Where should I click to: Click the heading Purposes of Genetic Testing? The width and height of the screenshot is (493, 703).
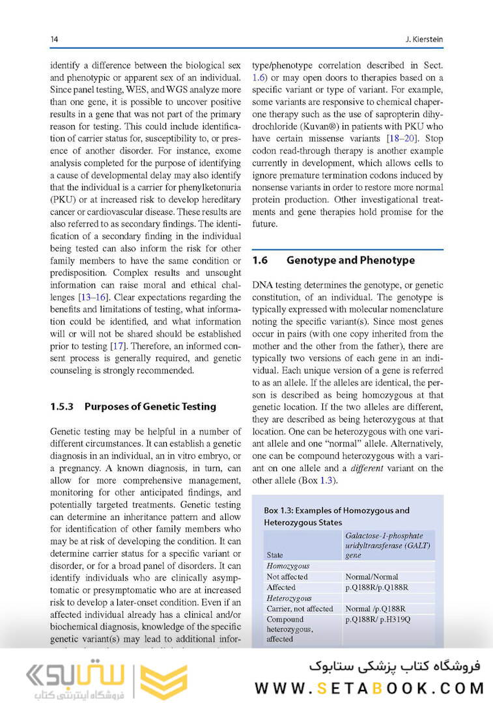tap(150, 406)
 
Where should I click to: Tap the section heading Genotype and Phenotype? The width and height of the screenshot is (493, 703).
tap(350, 260)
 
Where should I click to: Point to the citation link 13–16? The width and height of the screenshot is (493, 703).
tap(93, 297)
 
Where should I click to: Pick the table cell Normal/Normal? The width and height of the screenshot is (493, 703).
tap(371, 577)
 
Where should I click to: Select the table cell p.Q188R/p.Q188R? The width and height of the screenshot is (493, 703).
tap(376, 587)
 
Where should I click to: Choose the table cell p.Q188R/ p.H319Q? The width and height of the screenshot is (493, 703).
tap(378, 619)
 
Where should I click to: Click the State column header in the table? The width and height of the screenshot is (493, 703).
tap(275, 555)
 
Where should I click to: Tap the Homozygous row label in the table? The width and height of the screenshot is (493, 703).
tap(288, 566)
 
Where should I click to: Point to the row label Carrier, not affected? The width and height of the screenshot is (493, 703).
tap(300, 609)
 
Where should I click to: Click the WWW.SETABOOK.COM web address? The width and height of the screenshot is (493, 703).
tap(369, 687)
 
